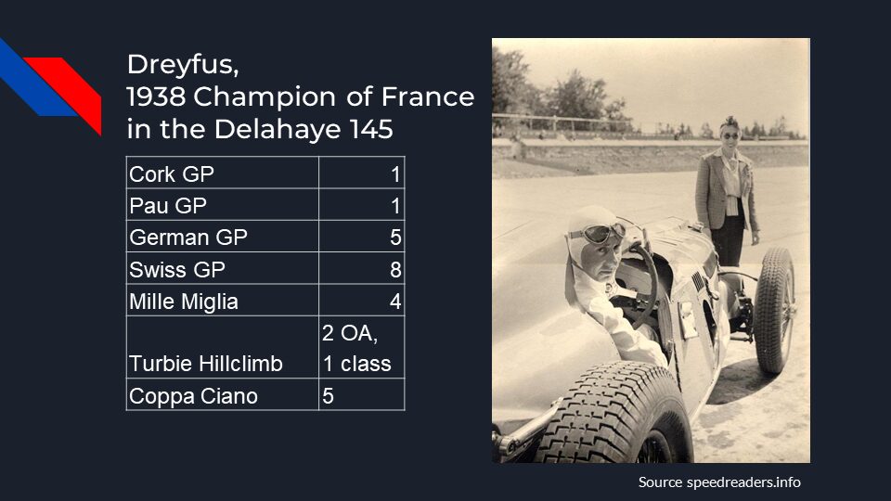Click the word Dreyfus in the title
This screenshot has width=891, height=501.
183,64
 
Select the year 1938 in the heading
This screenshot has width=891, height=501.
156,96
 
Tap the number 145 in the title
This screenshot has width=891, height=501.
371,129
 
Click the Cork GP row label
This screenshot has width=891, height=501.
172,173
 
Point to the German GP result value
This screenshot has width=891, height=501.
395,237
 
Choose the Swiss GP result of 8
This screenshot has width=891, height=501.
395,269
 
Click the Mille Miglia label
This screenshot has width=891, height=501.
184,302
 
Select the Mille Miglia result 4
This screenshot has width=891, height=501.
395,301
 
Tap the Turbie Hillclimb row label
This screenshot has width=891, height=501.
206,364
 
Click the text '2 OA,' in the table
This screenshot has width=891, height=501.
350,333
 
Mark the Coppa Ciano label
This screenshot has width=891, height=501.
193,396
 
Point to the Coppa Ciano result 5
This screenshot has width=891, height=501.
328,396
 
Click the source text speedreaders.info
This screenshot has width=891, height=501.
743,482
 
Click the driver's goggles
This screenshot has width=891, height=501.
598,233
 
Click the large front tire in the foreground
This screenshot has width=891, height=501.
613,415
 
